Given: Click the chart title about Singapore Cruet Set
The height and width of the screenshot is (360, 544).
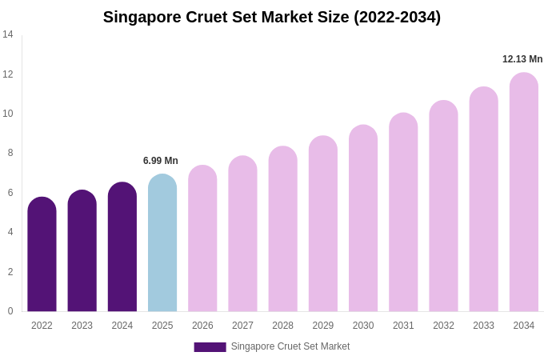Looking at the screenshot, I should click(x=272, y=17).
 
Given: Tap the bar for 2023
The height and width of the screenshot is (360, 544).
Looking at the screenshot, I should click(x=82, y=251).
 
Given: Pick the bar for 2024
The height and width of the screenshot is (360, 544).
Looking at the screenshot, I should click(x=122, y=247).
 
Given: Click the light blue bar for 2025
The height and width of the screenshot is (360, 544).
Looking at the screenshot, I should click(x=162, y=243).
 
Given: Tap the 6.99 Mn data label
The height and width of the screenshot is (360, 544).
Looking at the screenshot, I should click(x=161, y=161).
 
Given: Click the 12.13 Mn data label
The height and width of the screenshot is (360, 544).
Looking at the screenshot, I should click(x=522, y=59).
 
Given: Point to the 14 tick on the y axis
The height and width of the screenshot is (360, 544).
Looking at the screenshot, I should click(x=8, y=34).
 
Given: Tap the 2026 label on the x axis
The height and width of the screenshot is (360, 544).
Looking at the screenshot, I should click(x=202, y=326).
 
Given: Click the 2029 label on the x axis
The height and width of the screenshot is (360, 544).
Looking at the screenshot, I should click(x=323, y=326).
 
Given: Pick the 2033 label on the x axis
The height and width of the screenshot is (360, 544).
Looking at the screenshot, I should click(x=483, y=326).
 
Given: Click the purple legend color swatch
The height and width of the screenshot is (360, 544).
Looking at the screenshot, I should click(x=210, y=347).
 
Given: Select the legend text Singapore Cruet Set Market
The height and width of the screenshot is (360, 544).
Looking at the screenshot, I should click(x=290, y=346).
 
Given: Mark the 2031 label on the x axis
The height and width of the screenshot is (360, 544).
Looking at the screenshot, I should click(x=403, y=326).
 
